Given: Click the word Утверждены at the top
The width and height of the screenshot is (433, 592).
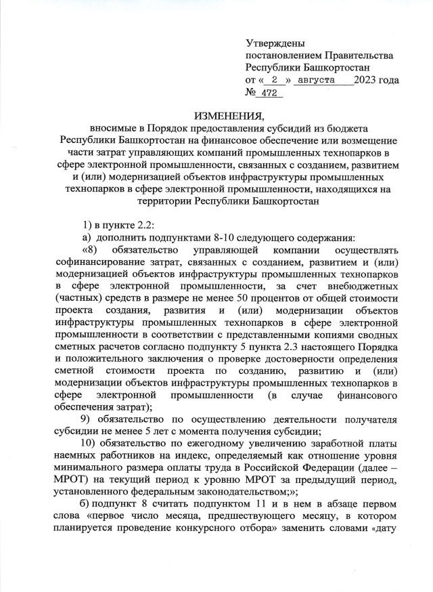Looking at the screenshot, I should click(x=275, y=43).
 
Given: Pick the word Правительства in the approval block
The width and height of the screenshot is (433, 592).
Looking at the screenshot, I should click(x=357, y=55).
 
